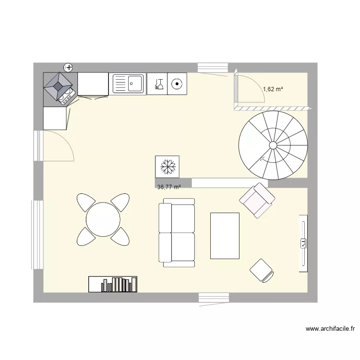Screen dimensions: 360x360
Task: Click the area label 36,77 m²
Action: pos(169,187)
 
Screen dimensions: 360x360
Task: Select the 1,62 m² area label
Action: pos(273,89)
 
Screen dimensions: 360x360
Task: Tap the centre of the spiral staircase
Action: pos(273,145)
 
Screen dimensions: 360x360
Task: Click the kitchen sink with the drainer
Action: pos(128,84)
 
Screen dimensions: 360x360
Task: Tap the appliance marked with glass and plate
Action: pos(157,84)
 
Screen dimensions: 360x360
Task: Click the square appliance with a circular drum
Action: pos(177,84)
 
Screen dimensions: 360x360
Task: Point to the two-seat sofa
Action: pos(177,232)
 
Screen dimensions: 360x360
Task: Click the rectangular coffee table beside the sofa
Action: pos(225,236)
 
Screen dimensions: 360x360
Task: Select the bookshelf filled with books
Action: pos(113,284)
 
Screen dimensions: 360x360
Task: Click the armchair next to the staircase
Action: pos(257,200)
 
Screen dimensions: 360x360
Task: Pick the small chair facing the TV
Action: pos(262,271)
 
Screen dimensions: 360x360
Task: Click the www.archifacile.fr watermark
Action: pos(330,329)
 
